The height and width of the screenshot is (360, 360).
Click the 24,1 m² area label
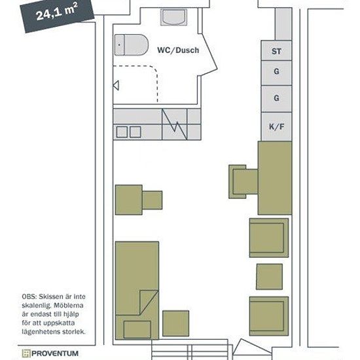pyautogui.click(x=56, y=12)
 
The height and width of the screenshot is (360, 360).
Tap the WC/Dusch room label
pyautogui.click(x=178, y=50)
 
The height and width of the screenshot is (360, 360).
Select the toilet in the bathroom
pyautogui.click(x=132, y=45)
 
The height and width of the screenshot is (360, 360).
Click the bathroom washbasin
pyautogui.click(x=174, y=17)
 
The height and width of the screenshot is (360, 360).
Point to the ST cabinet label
pyautogui.click(x=276, y=51)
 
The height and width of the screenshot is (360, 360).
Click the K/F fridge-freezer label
pyautogui.click(x=277, y=126)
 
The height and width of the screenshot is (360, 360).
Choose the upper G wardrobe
pyautogui.click(x=276, y=73)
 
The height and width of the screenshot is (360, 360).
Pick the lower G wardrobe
pyautogui.click(x=276, y=99)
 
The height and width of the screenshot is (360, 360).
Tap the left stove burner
pyautogui.click(x=122, y=132)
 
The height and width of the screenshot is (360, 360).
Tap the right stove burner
pyautogui.click(x=135, y=132)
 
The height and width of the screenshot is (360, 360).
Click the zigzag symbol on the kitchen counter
pyautogui.click(x=175, y=124)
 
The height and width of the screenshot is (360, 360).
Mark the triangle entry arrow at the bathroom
pyautogui.click(x=116, y=85)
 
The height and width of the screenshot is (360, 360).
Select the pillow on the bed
pyautogui.click(x=137, y=329)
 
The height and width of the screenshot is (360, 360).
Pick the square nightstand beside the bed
pyautogui.click(x=176, y=323)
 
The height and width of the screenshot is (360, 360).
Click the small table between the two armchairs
pyautogui.click(x=269, y=277)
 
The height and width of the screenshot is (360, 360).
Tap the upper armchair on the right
pyautogui.click(x=269, y=238)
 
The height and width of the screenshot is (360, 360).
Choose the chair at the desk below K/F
pyautogui.click(x=243, y=181)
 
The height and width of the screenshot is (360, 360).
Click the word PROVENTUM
pyautogui.click(x=55, y=353)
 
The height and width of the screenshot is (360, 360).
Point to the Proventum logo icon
pyautogui.click(x=26, y=353)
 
